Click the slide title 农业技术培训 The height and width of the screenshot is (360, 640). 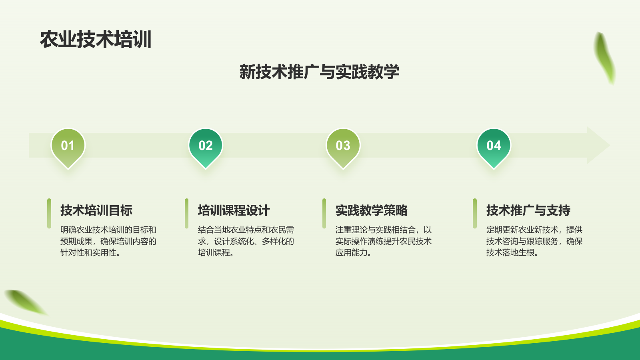pos(96,40)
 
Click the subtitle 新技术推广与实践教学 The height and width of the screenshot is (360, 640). pos(319,72)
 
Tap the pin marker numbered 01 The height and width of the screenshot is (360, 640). pos(68,146)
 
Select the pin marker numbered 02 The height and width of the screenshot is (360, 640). pos(206,146)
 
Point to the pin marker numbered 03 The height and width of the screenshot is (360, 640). pos(343,146)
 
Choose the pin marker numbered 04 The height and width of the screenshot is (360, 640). pos(494,146)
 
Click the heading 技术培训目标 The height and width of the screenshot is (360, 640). pos(96,210)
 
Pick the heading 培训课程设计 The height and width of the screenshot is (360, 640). pos(234,210)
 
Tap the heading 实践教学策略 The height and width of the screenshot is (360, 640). pos(372,210)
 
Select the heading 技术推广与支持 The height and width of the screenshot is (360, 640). pos(528,210)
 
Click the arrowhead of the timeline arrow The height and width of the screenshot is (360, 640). pos(598,145)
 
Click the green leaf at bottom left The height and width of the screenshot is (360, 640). pos(25,302)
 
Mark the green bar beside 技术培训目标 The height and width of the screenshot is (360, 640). pos(49,213)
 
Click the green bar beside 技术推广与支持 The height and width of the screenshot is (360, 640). pos(475,213)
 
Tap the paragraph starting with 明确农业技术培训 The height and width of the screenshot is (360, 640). pos(108,241)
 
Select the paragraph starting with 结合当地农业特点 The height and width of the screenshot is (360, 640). pos(246,241)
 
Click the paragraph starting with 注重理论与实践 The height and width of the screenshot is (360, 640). pos(384,241)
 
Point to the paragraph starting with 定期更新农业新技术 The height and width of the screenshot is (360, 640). pos(534,241)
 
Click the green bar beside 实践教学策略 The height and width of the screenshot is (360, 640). pos(324,213)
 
